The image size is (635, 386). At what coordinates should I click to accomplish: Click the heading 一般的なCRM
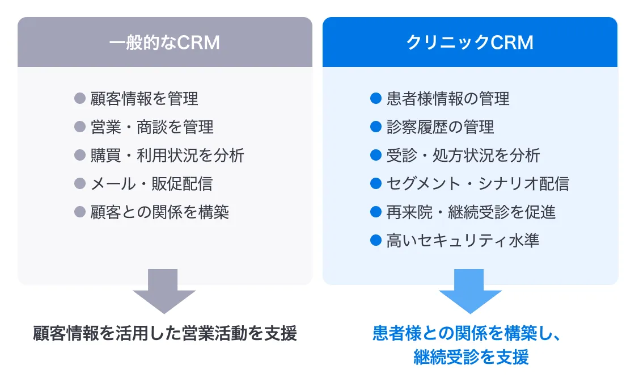pos(164,43)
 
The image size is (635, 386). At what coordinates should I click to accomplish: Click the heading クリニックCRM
pos(470,43)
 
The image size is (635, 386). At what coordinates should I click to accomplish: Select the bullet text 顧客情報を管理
pos(144,99)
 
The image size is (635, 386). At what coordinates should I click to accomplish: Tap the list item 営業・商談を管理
pos(152,127)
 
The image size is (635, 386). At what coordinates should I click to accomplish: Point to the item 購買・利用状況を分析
pos(167,156)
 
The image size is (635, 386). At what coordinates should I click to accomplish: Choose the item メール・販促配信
pos(151,184)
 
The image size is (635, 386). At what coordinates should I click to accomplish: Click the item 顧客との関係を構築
pos(159,212)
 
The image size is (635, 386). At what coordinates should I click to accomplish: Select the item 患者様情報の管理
pos(448,99)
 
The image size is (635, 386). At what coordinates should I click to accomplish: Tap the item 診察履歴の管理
pos(440,127)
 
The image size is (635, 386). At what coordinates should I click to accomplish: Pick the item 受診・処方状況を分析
pos(463,156)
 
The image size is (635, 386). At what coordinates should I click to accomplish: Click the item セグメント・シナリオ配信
pos(478,184)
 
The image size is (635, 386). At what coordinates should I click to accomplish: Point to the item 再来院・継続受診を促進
pos(471,212)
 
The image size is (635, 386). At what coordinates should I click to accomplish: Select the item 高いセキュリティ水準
pos(463,241)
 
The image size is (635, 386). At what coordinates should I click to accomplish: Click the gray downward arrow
pos(164,291)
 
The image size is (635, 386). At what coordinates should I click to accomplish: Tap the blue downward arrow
pos(470,291)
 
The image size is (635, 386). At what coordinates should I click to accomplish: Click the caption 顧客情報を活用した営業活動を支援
pos(165,333)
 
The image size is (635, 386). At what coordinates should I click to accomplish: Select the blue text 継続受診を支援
pos(471,357)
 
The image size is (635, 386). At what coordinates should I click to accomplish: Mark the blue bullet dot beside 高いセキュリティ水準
pos(376,240)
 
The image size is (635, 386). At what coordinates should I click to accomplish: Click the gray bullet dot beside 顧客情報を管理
pos(80,98)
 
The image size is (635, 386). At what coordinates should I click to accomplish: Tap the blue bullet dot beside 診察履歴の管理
pos(376,127)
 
